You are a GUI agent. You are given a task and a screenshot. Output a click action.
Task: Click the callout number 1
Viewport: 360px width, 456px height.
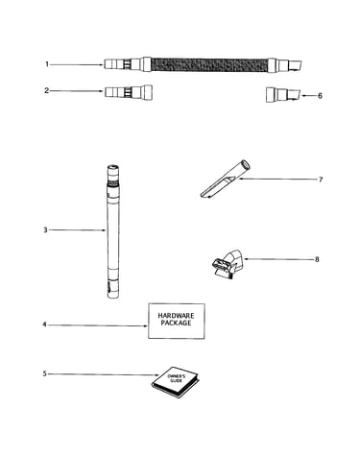click(x=47, y=64)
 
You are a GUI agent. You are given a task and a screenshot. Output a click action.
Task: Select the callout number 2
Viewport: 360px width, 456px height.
click(x=47, y=90)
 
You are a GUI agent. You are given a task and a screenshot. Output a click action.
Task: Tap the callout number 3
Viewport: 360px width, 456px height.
click(x=45, y=229)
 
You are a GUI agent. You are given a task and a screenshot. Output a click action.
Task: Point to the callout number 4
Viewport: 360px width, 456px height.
click(x=44, y=324)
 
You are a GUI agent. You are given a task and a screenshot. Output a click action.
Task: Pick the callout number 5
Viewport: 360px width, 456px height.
click(x=45, y=373)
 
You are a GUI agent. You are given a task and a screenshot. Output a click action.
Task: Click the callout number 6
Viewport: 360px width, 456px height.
click(x=320, y=96)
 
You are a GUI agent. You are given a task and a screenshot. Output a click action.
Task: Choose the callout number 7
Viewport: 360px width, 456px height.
click(x=321, y=180)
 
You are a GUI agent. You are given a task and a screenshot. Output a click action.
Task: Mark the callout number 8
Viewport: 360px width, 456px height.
click(x=317, y=259)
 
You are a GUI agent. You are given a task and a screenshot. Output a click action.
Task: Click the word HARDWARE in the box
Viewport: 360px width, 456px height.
click(x=176, y=316)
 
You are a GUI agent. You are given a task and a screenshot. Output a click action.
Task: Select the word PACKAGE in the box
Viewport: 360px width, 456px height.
click(x=176, y=323)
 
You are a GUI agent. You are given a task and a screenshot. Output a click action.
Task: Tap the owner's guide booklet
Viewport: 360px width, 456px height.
click(x=176, y=382)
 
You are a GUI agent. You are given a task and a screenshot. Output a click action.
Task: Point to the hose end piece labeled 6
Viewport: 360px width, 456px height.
click(x=283, y=94)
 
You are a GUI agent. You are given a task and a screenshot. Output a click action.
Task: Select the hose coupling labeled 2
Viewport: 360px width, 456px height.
click(x=129, y=92)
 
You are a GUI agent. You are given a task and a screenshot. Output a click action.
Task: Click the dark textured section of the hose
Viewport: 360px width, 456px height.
click(x=209, y=64)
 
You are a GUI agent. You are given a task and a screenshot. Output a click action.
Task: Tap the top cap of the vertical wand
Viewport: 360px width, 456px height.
click(x=113, y=168)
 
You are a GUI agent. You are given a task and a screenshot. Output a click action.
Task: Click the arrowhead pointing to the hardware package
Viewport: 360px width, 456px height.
click(x=146, y=325)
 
